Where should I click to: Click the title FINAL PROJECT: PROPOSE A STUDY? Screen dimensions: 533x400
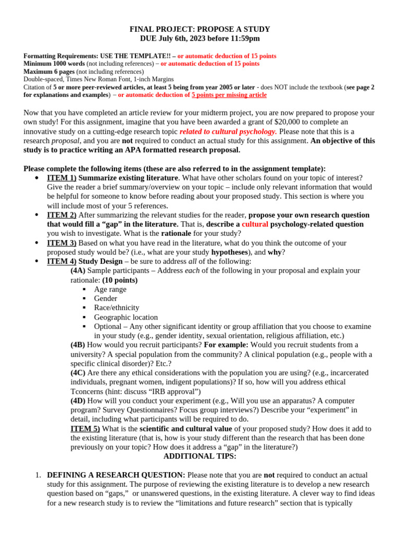point(200,29)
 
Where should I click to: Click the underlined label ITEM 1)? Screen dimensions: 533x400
point(61,177)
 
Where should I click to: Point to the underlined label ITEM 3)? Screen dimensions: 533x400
point(61,243)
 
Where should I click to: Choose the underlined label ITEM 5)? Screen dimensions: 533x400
point(85,428)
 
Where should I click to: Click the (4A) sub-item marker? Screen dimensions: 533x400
point(78,270)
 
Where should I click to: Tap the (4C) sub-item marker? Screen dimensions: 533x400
point(78,373)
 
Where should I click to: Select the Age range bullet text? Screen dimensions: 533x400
point(110,289)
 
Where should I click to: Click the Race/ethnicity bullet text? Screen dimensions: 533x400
point(117,308)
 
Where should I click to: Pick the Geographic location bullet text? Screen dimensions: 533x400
point(126,317)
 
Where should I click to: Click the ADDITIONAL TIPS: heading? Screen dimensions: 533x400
point(200,456)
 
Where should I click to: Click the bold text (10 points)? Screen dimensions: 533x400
point(120,280)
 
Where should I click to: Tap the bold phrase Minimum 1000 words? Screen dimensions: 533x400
point(54,64)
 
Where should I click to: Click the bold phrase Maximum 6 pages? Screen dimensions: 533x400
point(49,71)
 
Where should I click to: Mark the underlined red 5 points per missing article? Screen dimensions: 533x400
point(229,95)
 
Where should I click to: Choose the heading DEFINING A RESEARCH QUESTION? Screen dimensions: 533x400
point(116,475)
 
